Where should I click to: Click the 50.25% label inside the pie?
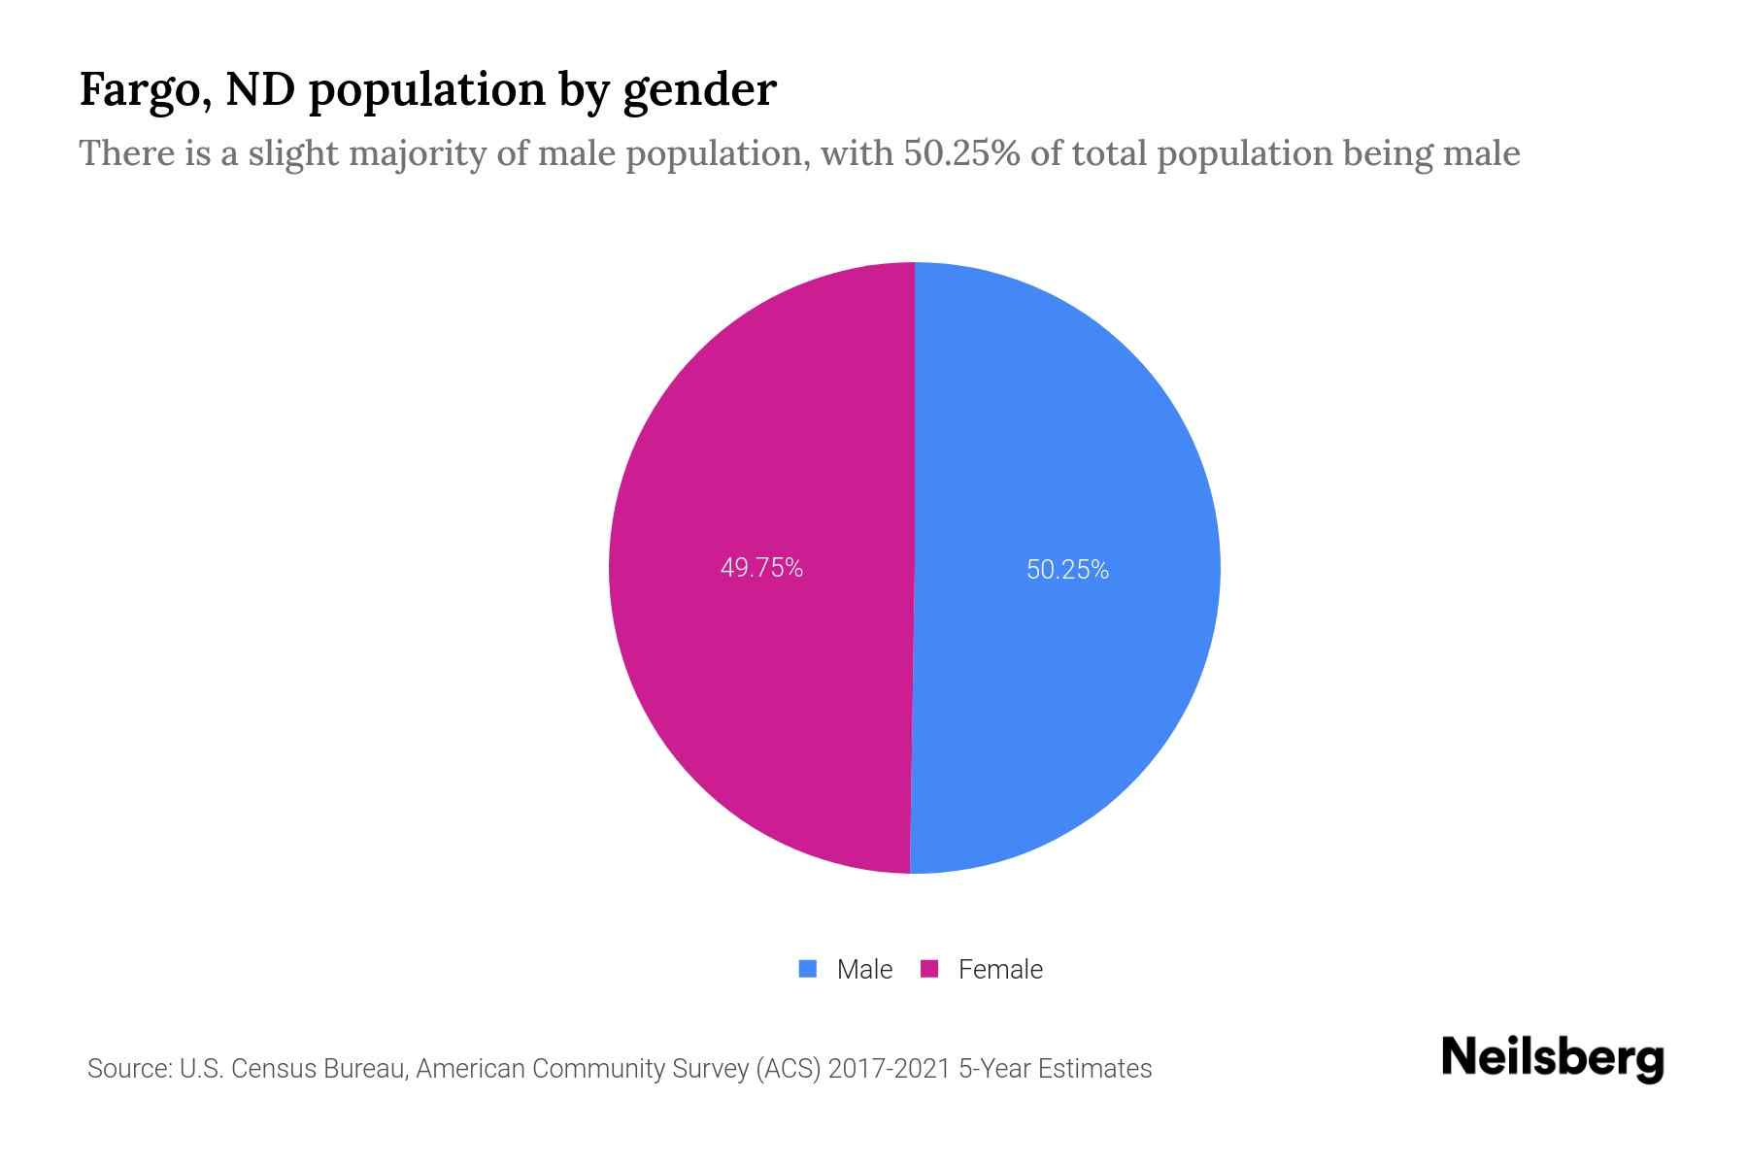click(1067, 570)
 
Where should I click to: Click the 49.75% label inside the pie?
click(761, 568)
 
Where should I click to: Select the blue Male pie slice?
click(1068, 437)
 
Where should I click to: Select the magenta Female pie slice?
click(757, 437)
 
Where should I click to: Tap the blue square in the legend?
click(808, 969)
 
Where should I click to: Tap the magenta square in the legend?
click(929, 969)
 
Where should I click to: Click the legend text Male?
click(864, 969)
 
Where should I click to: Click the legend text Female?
click(1000, 969)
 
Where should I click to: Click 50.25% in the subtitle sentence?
click(961, 153)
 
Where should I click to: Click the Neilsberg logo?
click(1552, 1058)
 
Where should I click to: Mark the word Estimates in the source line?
click(1094, 1069)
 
